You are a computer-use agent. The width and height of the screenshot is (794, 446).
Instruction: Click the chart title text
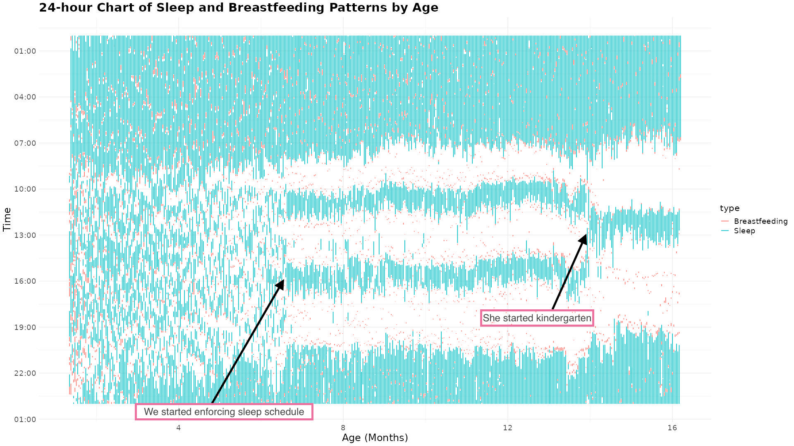click(x=239, y=8)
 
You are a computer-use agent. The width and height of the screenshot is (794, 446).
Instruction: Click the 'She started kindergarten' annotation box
click(x=537, y=318)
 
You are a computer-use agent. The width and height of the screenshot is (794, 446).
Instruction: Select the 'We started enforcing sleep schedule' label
click(x=224, y=412)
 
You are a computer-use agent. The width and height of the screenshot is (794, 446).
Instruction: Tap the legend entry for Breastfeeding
click(x=760, y=221)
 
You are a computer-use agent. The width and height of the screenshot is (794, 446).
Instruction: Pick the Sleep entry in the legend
click(x=744, y=231)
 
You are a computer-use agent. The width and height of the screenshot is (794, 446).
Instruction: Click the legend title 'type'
click(x=729, y=208)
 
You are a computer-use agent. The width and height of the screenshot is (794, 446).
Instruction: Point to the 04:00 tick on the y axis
click(x=25, y=97)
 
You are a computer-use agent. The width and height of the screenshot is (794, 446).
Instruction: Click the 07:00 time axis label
click(x=25, y=143)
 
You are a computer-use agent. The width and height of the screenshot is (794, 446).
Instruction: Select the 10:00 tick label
click(x=25, y=189)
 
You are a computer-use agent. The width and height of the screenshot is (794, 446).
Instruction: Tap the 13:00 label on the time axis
click(x=25, y=235)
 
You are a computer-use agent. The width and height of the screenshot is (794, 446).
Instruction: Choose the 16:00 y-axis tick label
click(x=25, y=281)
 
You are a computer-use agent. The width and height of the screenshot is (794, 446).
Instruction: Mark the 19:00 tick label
click(x=25, y=327)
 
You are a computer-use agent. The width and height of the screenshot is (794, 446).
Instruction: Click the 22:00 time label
click(x=25, y=373)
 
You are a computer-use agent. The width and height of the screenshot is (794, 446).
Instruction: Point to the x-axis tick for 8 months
click(x=343, y=427)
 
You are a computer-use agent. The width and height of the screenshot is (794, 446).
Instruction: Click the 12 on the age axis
click(x=507, y=427)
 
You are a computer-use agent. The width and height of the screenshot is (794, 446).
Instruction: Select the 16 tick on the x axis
click(x=672, y=427)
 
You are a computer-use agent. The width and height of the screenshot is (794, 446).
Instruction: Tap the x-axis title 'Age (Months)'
click(x=375, y=438)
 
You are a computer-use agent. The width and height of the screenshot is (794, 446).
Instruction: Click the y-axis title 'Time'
click(x=7, y=219)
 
